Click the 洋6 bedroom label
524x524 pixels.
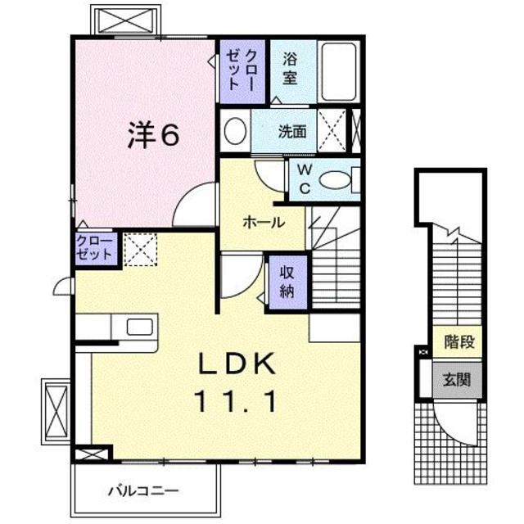pyautogui.click(x=152, y=136)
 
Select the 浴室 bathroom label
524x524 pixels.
pyautogui.click(x=289, y=70)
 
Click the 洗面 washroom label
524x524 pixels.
pyautogui.click(x=291, y=130)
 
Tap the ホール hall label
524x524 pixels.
pyautogui.click(x=263, y=222)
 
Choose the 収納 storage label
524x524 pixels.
pyautogui.click(x=287, y=283)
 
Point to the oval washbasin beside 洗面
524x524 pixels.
pyautogui.click(x=235, y=131)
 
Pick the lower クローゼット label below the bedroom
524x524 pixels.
pyautogui.click(x=95, y=246)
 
